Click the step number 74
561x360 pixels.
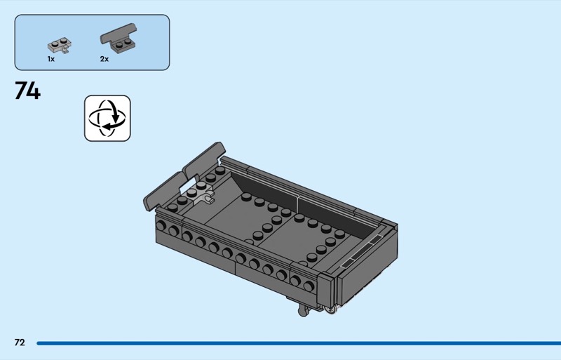coord(27,91)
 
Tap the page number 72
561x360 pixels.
coord(20,342)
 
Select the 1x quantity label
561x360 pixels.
coord(50,59)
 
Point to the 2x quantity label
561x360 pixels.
coord(104,59)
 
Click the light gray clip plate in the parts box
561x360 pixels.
coord(60,46)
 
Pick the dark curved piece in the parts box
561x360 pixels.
coord(119,38)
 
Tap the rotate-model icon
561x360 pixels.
coord(107,118)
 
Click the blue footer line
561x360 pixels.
coord(299,343)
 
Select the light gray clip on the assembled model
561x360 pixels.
coord(206,196)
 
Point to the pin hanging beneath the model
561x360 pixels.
coord(304,311)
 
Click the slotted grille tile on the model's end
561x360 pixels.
coord(361,252)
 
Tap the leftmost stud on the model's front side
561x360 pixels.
coord(161,226)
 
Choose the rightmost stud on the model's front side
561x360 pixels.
coord(309,286)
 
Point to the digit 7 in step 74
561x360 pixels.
coord(21,91)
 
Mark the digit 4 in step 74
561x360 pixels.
coord(34,91)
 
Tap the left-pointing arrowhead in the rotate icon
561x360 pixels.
coord(107,126)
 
